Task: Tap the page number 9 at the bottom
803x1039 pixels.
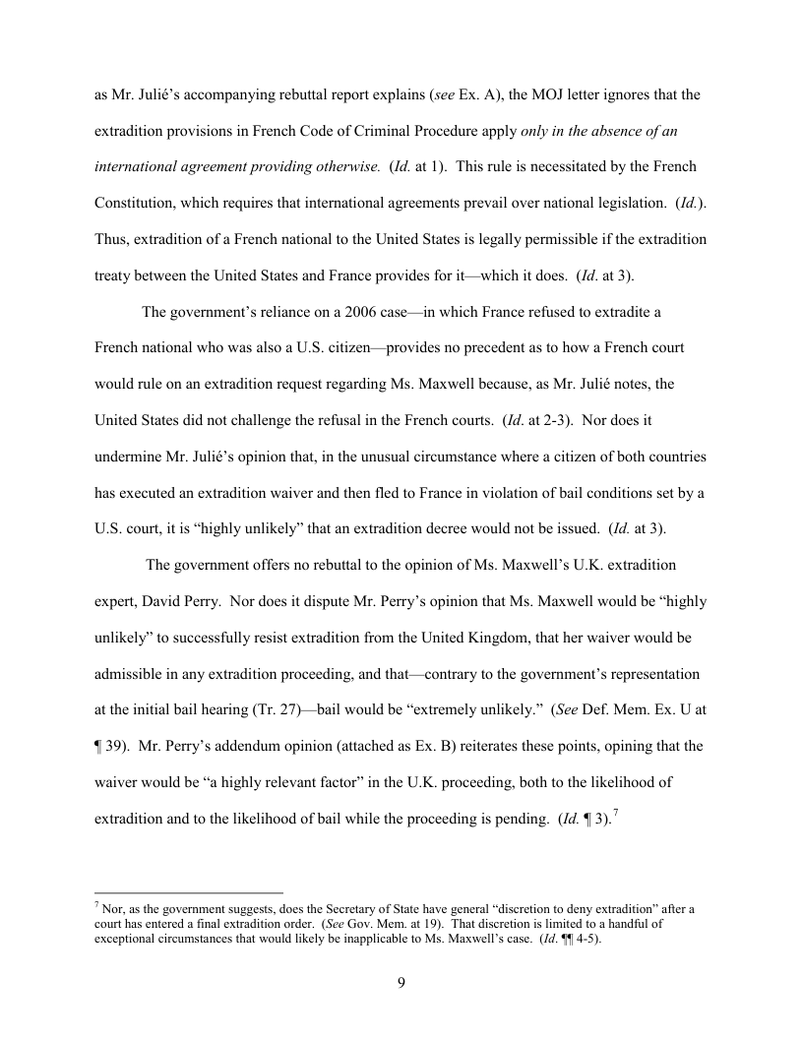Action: click(x=401, y=985)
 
